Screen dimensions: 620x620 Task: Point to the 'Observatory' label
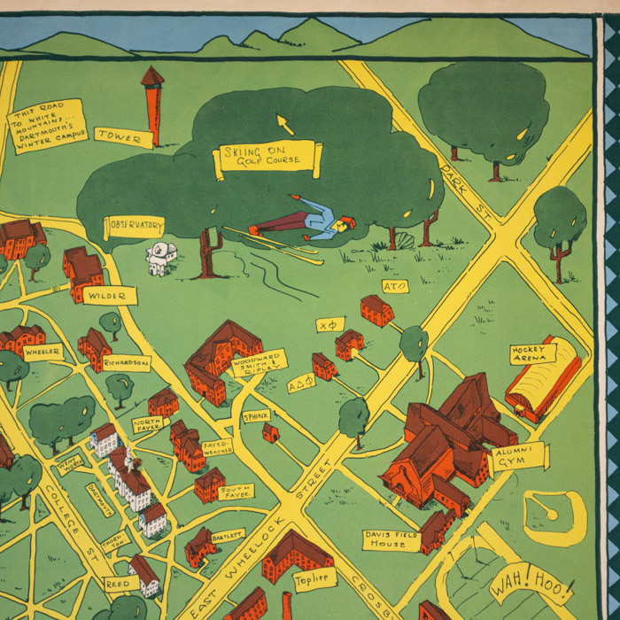click(x=134, y=226)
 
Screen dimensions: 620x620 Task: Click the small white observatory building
click(x=161, y=259)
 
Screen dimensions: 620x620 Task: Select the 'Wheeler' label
click(x=42, y=352)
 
